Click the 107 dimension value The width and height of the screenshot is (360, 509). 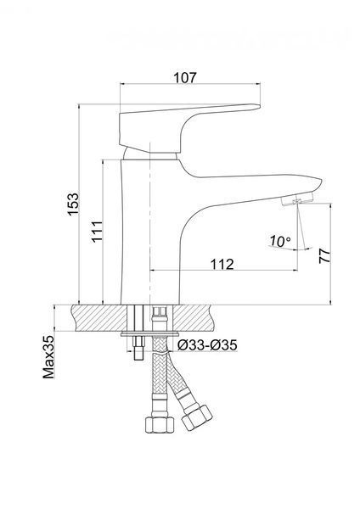point(185,78)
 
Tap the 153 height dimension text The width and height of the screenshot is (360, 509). point(73,204)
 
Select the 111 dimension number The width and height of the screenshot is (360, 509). point(97,232)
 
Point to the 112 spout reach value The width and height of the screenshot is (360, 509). point(222,265)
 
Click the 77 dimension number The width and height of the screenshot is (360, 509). point(324,256)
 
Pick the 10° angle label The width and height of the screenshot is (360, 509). point(280,241)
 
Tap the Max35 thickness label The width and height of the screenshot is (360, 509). point(48,357)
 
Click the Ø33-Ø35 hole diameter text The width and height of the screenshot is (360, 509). point(207,345)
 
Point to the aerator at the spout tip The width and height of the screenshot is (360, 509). point(296,199)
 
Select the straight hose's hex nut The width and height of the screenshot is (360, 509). point(160,425)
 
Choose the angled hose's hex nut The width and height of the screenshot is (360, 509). point(197,417)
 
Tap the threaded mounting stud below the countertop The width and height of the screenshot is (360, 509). point(138,348)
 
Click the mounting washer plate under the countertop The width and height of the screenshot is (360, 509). point(149,334)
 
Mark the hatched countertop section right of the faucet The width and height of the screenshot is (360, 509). point(194,318)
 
